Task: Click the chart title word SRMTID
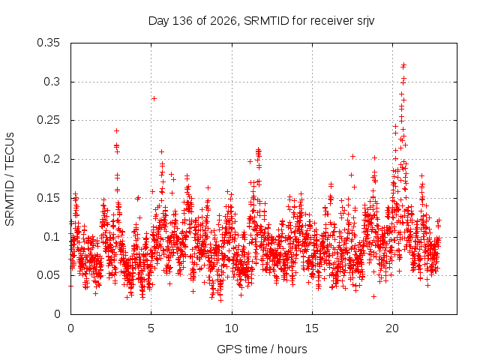pos(266,21)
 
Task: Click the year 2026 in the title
pos(223,21)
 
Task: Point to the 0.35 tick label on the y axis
pos(48,43)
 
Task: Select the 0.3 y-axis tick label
pos(52,82)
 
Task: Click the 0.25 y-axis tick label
pos(48,120)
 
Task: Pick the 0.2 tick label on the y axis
pos(52,159)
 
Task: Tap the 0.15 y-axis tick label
pos(48,198)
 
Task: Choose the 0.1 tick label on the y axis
pos(52,237)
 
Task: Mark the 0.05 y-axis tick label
pos(48,275)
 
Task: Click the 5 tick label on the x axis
pos(151,328)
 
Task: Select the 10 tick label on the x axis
pos(232,328)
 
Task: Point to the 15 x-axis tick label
pos(312,328)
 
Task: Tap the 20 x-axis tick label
pos(392,328)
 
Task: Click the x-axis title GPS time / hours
pos(262,349)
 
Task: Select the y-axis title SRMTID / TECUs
pos(10,179)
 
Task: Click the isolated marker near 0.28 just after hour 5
pos(154,98)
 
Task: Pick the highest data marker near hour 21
pos(403,64)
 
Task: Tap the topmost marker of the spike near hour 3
pos(117,131)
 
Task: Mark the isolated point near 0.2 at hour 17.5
pos(352,157)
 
